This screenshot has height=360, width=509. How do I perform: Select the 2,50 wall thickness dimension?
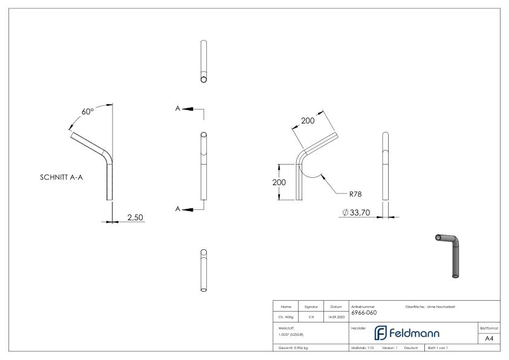click(x=135, y=217)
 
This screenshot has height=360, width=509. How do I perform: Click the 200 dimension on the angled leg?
click(x=308, y=121)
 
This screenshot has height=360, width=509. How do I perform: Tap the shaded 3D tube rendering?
click(x=452, y=254)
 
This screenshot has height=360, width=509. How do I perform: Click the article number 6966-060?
click(x=364, y=313)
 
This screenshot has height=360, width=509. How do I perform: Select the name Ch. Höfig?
click(x=285, y=315)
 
